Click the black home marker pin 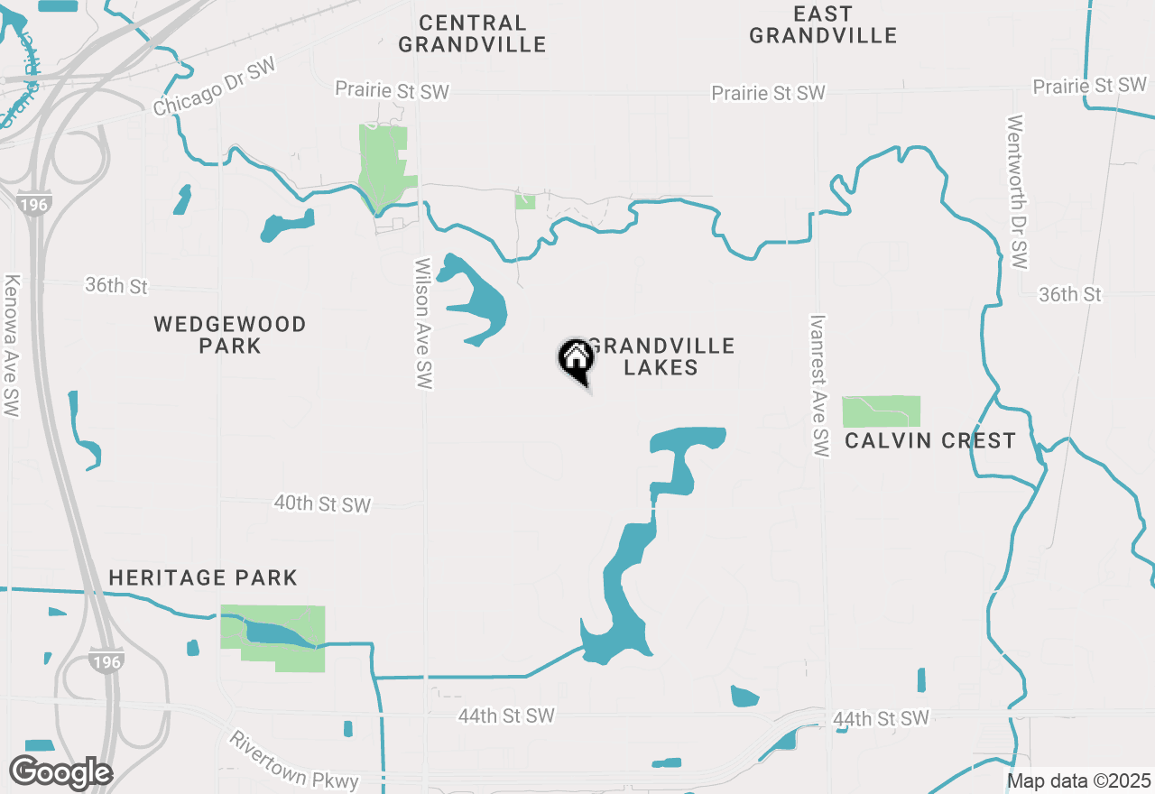(x=576, y=359)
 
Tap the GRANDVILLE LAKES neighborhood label (x=661, y=357)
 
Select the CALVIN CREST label (x=930, y=441)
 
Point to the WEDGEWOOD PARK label (x=230, y=335)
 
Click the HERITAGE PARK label (x=203, y=577)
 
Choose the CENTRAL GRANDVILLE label (x=472, y=33)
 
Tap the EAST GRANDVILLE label (x=823, y=25)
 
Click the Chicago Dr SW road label (x=213, y=89)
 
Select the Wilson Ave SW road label (x=423, y=325)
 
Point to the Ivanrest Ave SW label (x=819, y=385)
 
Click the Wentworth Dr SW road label (x=1018, y=191)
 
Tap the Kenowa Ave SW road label (x=12, y=346)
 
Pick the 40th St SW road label (x=322, y=503)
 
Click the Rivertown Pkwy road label (x=293, y=761)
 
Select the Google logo (x=60, y=773)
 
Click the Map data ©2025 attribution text (x=1078, y=780)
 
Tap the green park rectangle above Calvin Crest (x=881, y=411)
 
